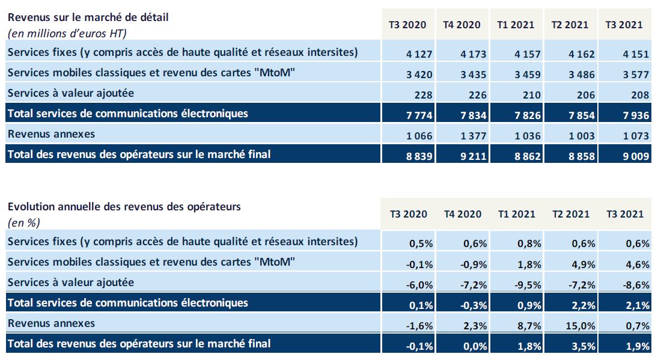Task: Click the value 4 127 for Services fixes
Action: pos(419,54)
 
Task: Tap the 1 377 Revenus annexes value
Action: pos(474,135)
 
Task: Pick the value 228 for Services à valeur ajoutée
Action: pos(423,95)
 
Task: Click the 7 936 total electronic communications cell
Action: pos(636,115)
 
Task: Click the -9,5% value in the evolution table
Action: pos(528,284)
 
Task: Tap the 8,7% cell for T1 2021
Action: pos(529,326)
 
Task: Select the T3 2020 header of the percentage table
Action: pos(409,214)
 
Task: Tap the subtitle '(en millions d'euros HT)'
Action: pos(67,33)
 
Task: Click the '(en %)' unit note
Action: pos(23,222)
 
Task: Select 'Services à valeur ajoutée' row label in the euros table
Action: pos(70,93)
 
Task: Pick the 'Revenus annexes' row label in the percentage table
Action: pos(51,323)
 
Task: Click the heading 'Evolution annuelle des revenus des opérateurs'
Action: pos(124,206)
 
